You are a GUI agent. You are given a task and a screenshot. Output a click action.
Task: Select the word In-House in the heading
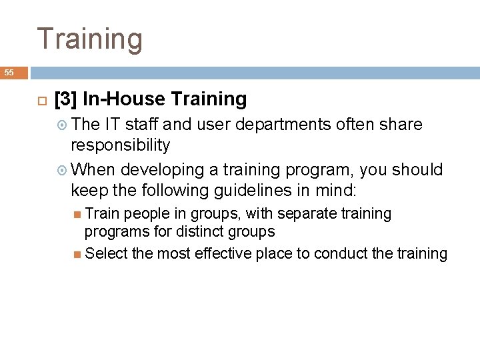(124, 99)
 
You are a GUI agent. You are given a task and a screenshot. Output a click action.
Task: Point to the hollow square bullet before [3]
(39, 100)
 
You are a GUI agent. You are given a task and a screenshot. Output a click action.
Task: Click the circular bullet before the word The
(63, 125)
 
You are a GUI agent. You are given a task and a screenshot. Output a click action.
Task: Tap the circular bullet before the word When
(63, 171)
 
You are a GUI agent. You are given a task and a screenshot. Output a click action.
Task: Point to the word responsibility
(121, 145)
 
